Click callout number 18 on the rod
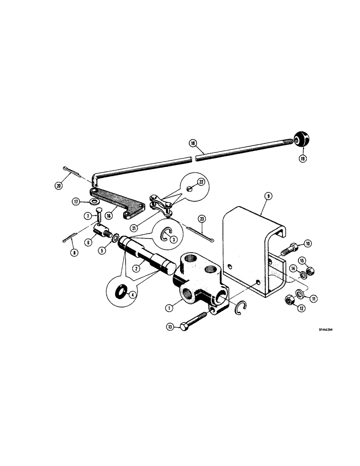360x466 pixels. [192, 144]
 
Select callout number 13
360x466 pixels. [170, 328]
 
